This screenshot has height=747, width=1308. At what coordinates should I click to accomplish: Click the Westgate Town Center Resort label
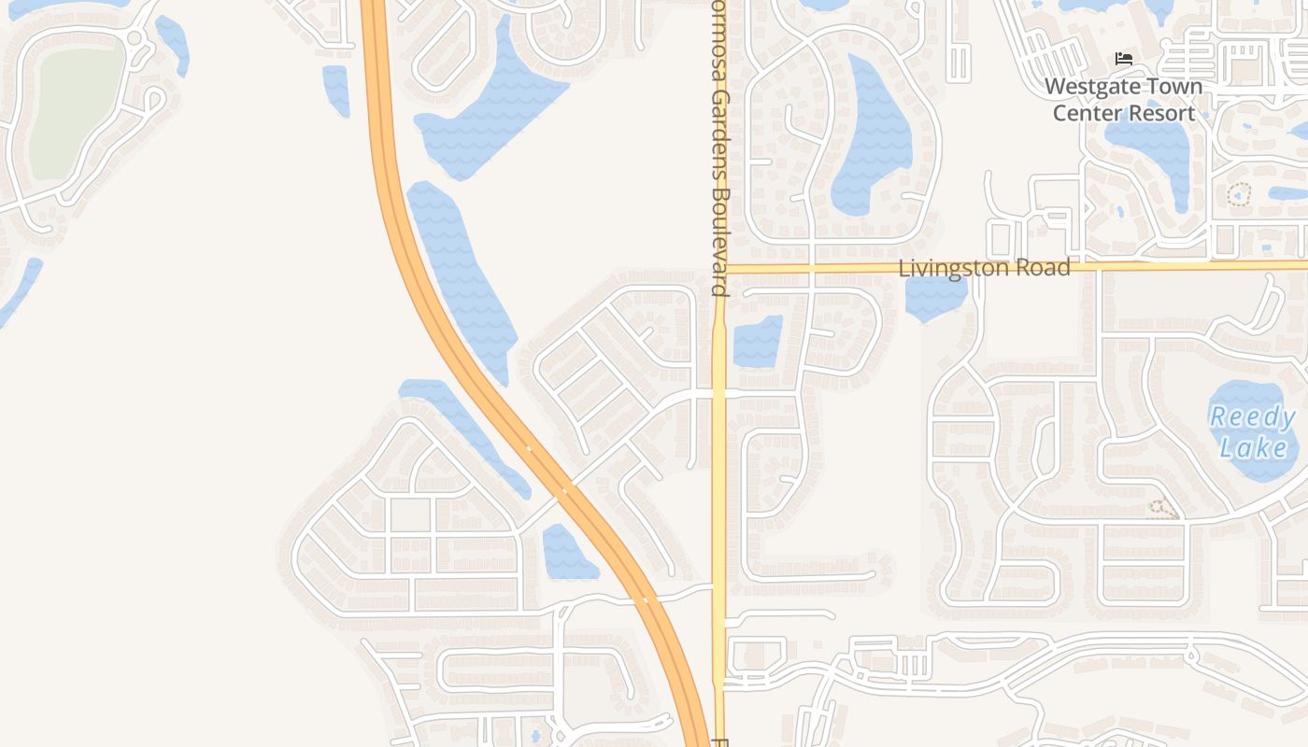coord(1124,100)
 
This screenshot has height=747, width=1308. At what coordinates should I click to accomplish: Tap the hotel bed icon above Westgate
coord(1124,59)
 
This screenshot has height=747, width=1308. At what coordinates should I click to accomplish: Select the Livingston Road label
coord(984,268)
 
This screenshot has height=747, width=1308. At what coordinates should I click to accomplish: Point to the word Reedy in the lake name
coord(1252,416)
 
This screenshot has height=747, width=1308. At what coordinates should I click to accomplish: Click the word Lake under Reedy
coord(1253,448)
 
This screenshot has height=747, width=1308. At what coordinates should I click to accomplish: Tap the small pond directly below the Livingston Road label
coord(935,297)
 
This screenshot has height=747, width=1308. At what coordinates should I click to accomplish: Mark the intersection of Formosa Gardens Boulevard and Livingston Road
coord(718,268)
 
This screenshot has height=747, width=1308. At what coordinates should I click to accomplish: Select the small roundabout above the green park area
coord(134,38)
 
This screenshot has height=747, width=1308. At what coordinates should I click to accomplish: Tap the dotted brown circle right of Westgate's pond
coord(1239,195)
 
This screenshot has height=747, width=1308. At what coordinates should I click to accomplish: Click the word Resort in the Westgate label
coord(1161,113)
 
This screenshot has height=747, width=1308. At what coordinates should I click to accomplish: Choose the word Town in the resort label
coord(1174,87)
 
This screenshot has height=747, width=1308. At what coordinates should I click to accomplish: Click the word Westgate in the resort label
coord(1089,87)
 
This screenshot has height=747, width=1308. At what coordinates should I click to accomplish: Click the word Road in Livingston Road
coord(1045,268)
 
